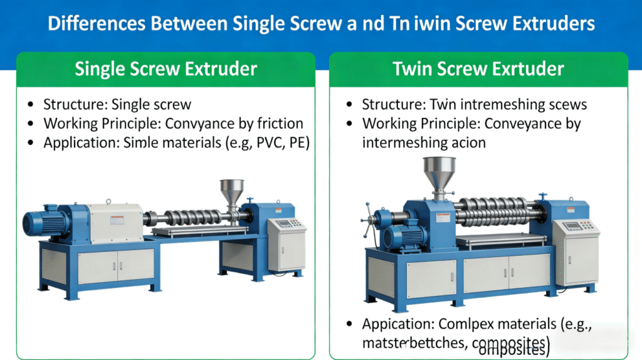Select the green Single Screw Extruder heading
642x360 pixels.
(x=166, y=68)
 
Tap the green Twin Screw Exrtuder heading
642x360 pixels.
(x=478, y=68)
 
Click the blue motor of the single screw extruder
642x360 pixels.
(x=43, y=224)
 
